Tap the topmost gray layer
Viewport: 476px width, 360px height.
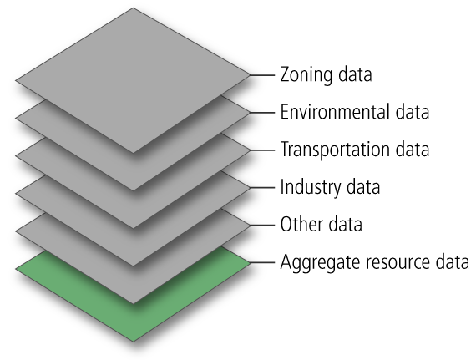(133, 80)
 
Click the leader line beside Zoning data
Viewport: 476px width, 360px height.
(262, 74)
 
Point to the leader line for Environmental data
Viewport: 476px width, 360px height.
(262, 112)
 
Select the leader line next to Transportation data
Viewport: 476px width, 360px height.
(262, 150)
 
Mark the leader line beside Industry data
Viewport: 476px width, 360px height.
(262, 188)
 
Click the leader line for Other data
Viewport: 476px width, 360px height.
(262, 226)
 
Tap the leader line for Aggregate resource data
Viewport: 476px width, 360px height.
(262, 263)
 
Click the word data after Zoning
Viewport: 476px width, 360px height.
(355, 74)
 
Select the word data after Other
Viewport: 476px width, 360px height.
(346, 225)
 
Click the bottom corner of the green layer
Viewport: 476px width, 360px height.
(134, 342)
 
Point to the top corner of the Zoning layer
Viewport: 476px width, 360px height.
(133, 8)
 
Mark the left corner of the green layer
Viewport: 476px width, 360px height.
(16, 269)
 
